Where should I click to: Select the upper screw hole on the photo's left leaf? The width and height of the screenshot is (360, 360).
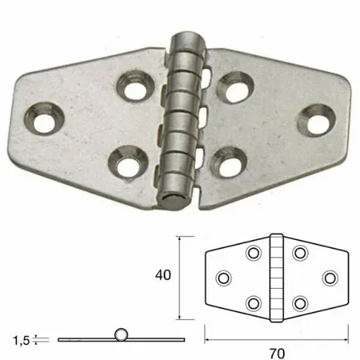(132, 88)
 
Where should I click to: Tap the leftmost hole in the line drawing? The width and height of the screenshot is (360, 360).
(223, 278)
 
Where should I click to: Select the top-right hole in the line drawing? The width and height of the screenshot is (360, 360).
(300, 253)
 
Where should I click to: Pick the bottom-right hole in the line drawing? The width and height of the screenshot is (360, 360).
(300, 304)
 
